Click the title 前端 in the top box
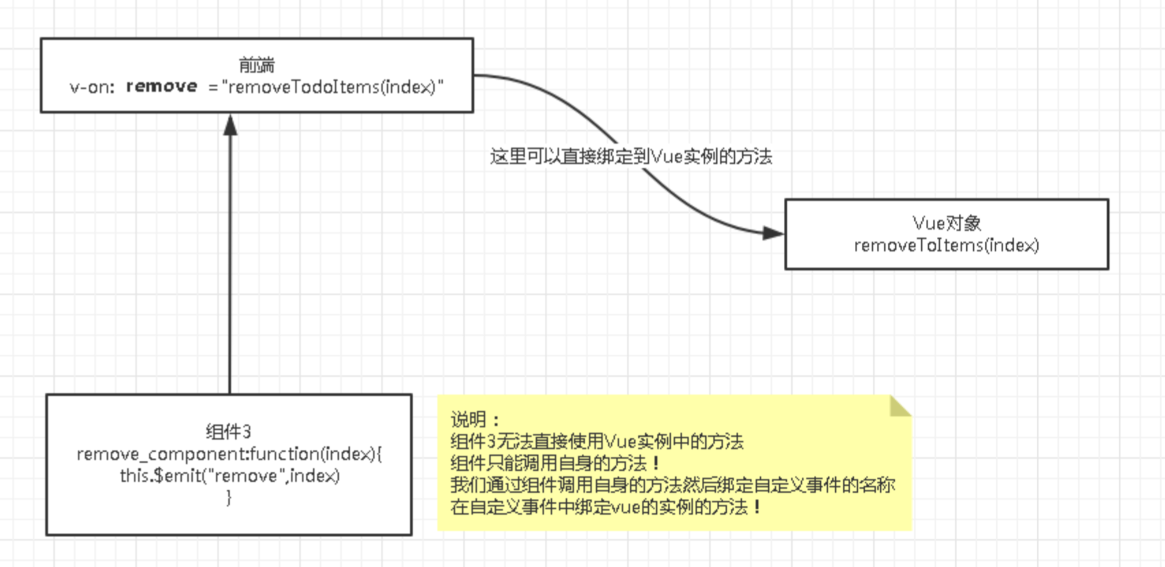point(257,65)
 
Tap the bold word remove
point(162,87)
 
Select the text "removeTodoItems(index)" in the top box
point(333,87)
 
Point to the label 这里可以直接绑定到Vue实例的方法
point(630,157)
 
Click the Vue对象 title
point(946,223)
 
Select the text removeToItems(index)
point(946,245)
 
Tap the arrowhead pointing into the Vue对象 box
point(773,233)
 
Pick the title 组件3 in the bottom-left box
point(229,431)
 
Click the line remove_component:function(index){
point(229,454)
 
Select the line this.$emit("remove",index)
point(229,476)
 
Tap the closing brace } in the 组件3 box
point(229,497)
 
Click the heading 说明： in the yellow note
point(475,419)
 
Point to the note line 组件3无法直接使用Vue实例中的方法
point(597,441)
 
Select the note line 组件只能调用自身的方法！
point(556,463)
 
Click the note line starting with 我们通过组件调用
point(673,485)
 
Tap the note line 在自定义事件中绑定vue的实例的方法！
point(606,507)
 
